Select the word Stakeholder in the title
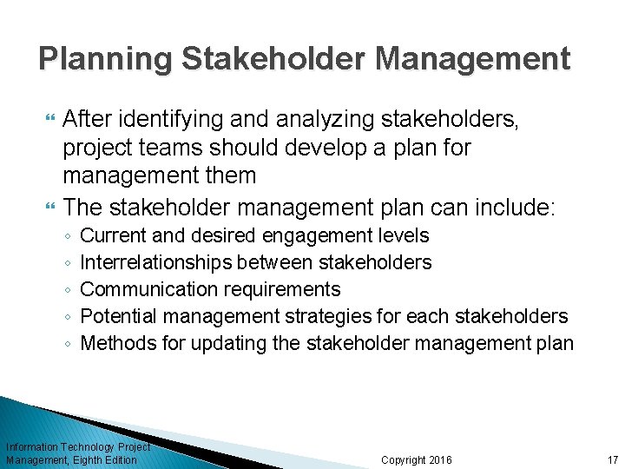pos(276,59)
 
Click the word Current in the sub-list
pos(111,235)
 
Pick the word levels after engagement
pos(398,235)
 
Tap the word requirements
pos(281,289)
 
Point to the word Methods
pos(118,343)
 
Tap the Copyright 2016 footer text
pos(417,459)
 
